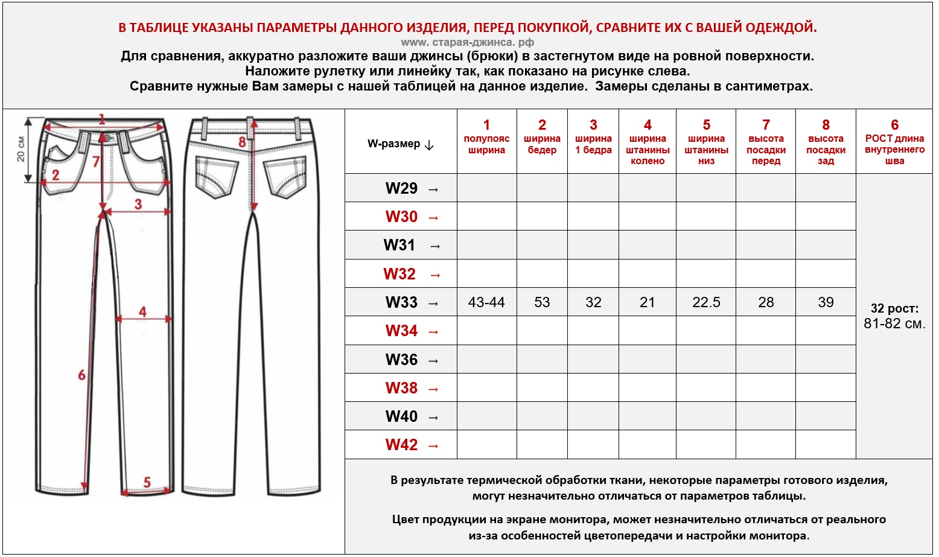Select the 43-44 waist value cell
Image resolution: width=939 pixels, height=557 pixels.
coord(486,302)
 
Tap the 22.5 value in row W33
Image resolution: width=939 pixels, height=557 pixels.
coord(706,302)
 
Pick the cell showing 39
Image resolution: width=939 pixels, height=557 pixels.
coord(826,302)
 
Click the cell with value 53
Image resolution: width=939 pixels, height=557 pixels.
coord(542,302)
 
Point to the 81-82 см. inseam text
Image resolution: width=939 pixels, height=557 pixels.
coord(894,323)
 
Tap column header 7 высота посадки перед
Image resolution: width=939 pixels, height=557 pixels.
coord(766,142)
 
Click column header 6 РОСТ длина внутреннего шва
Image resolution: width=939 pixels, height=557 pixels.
coord(894,142)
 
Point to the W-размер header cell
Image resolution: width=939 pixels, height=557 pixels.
coord(401,144)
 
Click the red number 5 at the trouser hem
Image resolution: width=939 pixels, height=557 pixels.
coord(147,482)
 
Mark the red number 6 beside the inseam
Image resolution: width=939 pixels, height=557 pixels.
coord(81,375)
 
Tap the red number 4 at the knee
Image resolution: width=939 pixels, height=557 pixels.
coord(142,311)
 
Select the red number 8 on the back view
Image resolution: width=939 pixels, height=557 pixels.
coord(242,142)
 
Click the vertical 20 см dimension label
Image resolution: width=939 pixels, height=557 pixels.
coord(21,148)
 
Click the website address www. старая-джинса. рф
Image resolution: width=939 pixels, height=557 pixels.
coord(467,42)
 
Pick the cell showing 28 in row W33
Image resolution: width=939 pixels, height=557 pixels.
coord(766,302)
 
